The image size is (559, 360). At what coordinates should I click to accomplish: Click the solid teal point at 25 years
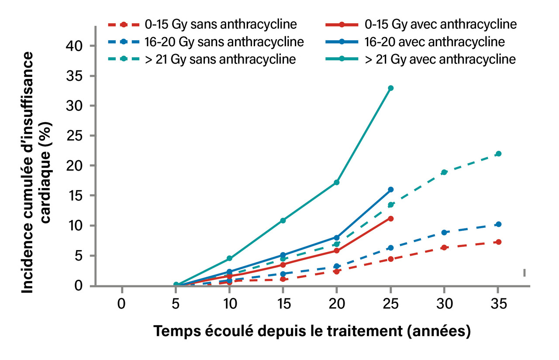click(x=391, y=88)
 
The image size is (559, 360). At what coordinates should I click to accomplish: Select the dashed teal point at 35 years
click(x=498, y=154)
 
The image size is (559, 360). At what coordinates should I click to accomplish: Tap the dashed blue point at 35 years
click(x=498, y=224)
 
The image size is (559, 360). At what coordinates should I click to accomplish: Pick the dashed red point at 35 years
click(x=498, y=242)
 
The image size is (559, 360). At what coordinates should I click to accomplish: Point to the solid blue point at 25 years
click(x=391, y=189)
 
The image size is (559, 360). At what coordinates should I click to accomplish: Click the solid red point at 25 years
click(x=391, y=218)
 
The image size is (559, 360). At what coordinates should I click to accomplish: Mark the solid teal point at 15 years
click(x=283, y=220)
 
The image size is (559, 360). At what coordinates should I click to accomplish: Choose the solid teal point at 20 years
click(x=337, y=182)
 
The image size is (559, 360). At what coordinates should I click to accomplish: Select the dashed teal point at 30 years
click(x=444, y=172)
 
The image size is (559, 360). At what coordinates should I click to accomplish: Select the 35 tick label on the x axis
click(x=498, y=304)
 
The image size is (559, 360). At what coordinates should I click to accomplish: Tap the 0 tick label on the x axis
click(x=122, y=304)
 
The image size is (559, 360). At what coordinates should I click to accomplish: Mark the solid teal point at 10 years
click(x=229, y=259)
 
